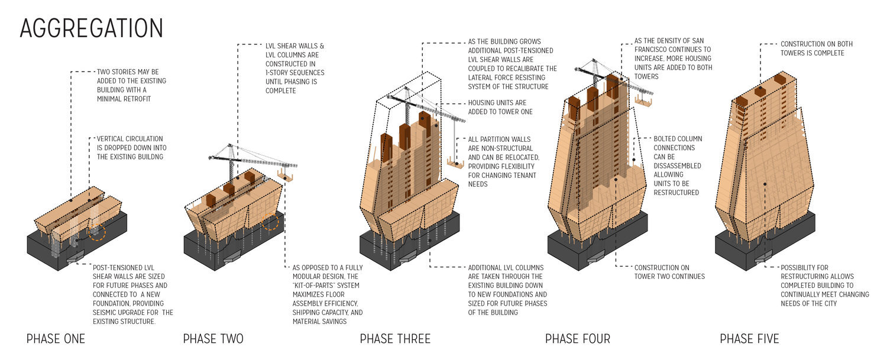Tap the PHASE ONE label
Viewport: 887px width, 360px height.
click(56, 339)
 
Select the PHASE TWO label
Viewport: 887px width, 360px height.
click(213, 339)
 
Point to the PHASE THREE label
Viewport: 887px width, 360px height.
click(395, 339)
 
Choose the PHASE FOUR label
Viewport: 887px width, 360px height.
click(577, 339)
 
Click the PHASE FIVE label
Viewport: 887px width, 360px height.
click(749, 339)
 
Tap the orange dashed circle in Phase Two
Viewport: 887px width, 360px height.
click(273, 222)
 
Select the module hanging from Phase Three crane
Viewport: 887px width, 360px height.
click(455, 163)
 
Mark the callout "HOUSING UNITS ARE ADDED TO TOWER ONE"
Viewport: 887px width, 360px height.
click(500, 107)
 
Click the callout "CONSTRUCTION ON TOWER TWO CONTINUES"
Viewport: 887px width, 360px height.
click(669, 272)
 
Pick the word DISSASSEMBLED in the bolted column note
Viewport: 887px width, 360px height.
click(678, 166)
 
